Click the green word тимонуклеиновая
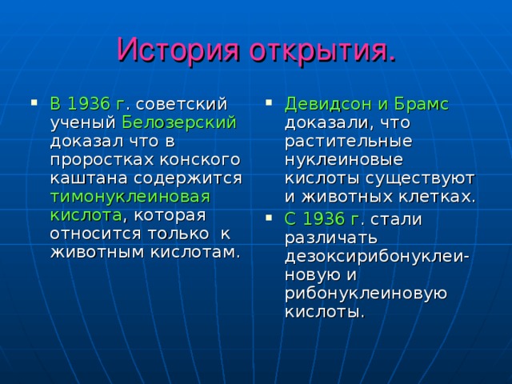pyautogui.click(x=130, y=196)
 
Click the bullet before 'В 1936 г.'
pyautogui.click(x=33, y=102)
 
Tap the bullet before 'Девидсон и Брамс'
pyautogui.click(x=268, y=102)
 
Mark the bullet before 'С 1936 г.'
pyautogui.click(x=268, y=218)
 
